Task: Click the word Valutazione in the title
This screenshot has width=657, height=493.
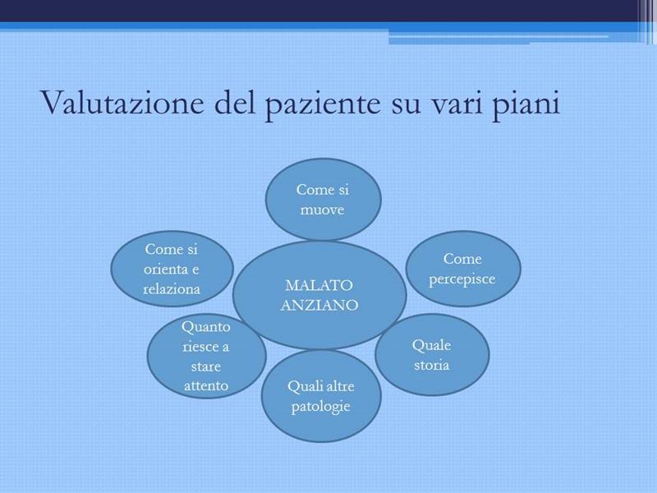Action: [122, 102]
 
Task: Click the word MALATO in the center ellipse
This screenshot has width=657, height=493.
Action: [319, 285]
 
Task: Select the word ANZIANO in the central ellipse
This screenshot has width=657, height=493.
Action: [319, 305]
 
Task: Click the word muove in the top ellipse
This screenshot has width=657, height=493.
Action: [322, 210]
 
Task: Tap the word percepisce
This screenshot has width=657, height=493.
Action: [462, 279]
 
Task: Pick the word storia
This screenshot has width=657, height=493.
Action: [432, 365]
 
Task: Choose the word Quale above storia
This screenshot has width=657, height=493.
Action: [432, 345]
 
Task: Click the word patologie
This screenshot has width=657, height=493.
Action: [320, 407]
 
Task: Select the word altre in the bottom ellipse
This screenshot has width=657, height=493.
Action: [338, 386]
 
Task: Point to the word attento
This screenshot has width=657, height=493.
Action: [206, 385]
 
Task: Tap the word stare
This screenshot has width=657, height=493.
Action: [206, 366]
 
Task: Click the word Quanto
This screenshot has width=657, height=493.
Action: [206, 327]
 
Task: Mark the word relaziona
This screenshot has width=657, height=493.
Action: [172, 289]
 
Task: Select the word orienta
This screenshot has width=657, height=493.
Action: [165, 270]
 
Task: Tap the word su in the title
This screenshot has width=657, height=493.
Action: [406, 107]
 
